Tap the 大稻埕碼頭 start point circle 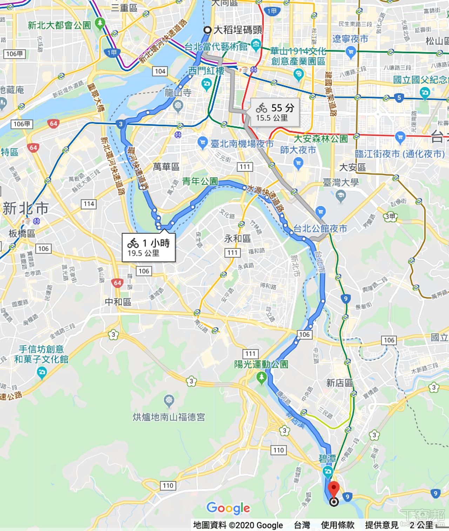click(207, 30)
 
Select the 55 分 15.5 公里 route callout click(275, 112)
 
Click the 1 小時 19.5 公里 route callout click(148, 247)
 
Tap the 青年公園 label click(200, 181)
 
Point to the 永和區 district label click(237, 239)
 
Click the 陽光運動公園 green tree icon click(261, 378)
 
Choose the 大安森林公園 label click(321, 139)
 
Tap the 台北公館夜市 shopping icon click(320, 212)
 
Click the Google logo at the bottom click(228, 507)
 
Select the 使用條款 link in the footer click(337, 525)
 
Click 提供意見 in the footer click(382, 525)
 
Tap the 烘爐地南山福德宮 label click(169, 417)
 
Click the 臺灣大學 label click(341, 182)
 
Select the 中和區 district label click(118, 302)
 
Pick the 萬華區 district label click(166, 166)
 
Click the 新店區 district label click(340, 383)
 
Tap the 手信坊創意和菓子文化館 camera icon click(42, 372)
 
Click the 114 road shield click(89, 204)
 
